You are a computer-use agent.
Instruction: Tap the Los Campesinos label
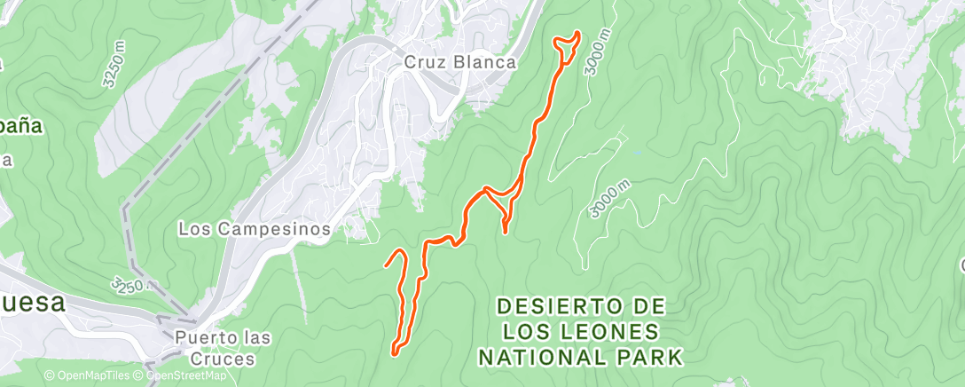point(255,229)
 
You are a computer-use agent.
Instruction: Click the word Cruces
point(215,359)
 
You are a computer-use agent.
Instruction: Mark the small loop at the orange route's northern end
point(568,40)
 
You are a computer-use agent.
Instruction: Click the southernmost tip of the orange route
point(393,353)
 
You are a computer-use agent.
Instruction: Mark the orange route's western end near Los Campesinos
point(385,265)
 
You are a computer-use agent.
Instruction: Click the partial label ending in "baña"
point(20,126)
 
